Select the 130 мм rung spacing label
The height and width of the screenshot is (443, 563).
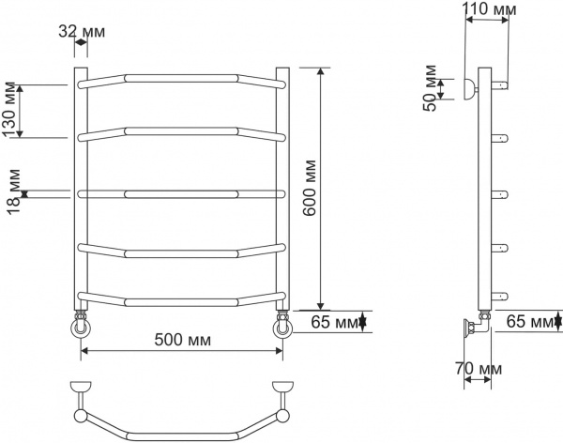[x=11, y=111]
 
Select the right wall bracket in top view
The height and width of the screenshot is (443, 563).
[x=281, y=388]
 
